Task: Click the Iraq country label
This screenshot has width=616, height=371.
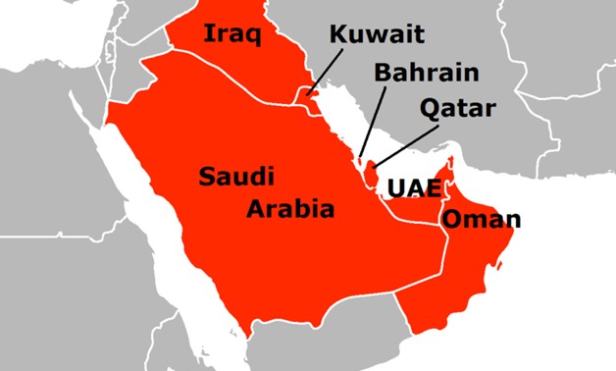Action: pyautogui.click(x=231, y=35)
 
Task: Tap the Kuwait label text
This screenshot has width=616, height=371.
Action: pyautogui.click(x=377, y=35)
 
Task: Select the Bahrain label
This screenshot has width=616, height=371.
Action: pyautogui.click(x=426, y=73)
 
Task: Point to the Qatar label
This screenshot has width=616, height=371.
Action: pyautogui.click(x=458, y=107)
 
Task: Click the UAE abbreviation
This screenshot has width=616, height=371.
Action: pyautogui.click(x=410, y=186)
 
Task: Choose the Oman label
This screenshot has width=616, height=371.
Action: pyautogui.click(x=481, y=219)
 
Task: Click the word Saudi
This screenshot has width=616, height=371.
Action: pyautogui.click(x=236, y=178)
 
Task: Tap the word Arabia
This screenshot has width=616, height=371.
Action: pyautogui.click(x=290, y=208)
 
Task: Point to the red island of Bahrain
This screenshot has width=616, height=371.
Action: pyautogui.click(x=360, y=160)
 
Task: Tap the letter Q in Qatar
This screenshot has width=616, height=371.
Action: pyautogui.click(x=428, y=107)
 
